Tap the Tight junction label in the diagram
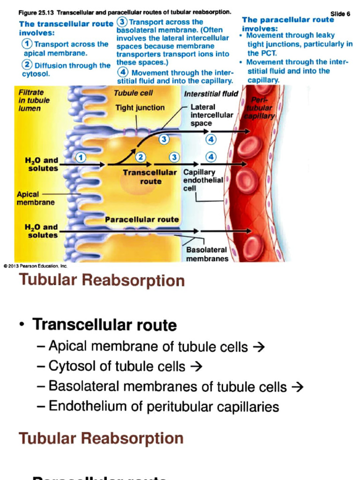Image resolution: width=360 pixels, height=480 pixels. click(140, 108)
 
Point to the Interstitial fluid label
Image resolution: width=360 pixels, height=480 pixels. click(211, 94)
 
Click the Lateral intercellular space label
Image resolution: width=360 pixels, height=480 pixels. click(211, 115)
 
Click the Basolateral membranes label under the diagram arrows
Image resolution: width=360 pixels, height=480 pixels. click(206, 255)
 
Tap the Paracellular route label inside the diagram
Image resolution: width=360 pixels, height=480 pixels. click(142, 219)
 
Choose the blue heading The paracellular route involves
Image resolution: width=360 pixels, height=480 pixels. click(288, 23)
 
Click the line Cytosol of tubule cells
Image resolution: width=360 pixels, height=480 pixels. click(125, 367)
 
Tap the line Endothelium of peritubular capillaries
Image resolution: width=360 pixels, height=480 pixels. click(164, 406)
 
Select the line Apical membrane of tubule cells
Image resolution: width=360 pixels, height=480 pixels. click(156, 347)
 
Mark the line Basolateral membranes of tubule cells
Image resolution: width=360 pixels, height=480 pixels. click(176, 387)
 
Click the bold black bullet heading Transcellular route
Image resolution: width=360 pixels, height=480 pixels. click(104, 325)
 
